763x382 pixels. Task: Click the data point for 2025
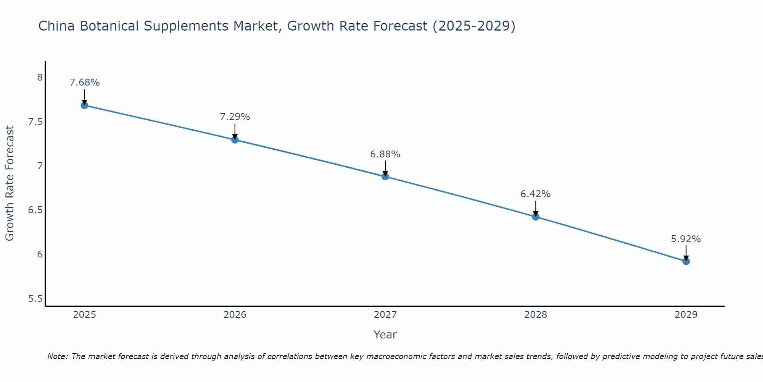pos(84,105)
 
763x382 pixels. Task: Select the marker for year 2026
pos(235,140)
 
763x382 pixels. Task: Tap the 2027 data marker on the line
pos(385,176)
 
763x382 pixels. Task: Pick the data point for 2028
pos(535,217)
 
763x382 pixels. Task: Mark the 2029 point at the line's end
pos(686,261)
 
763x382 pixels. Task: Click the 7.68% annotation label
pos(84,83)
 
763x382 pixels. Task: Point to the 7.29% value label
pos(235,117)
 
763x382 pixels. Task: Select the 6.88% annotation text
pos(385,154)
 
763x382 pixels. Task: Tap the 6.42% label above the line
pos(535,194)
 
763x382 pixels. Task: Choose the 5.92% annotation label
pos(686,239)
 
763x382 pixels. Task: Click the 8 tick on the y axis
pos(40,78)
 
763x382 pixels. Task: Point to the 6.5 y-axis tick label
pos(35,210)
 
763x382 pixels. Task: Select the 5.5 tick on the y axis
pos(35,298)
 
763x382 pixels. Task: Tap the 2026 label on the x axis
pos(235,315)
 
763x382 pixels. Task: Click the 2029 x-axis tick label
pos(686,315)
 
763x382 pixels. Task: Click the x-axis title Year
pos(385,335)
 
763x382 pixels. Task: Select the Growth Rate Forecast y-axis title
pos(10,183)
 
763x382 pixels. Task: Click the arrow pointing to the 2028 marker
pos(535,208)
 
